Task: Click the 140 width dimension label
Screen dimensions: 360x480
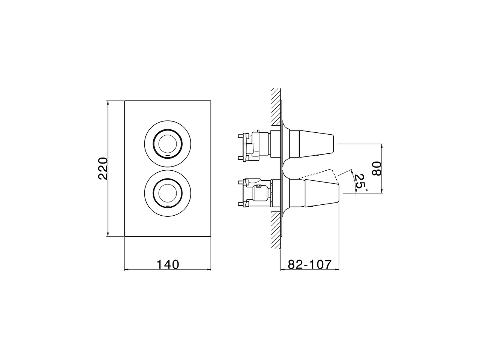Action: [x=167, y=264]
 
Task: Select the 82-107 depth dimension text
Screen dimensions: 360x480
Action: [x=310, y=264]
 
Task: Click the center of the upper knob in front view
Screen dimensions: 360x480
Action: [x=167, y=144]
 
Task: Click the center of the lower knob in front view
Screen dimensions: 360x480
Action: [x=167, y=193]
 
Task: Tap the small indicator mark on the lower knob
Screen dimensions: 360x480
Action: [x=168, y=205]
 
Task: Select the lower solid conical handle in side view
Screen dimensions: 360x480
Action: [x=321, y=193]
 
